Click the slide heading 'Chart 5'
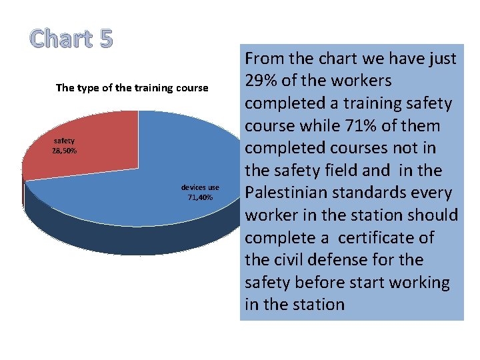coord(72,39)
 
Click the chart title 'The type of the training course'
coord(132,88)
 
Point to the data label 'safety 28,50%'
coord(65,145)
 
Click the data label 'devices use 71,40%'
coord(200,193)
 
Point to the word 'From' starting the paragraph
coord(267,59)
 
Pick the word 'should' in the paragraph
coord(434,215)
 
